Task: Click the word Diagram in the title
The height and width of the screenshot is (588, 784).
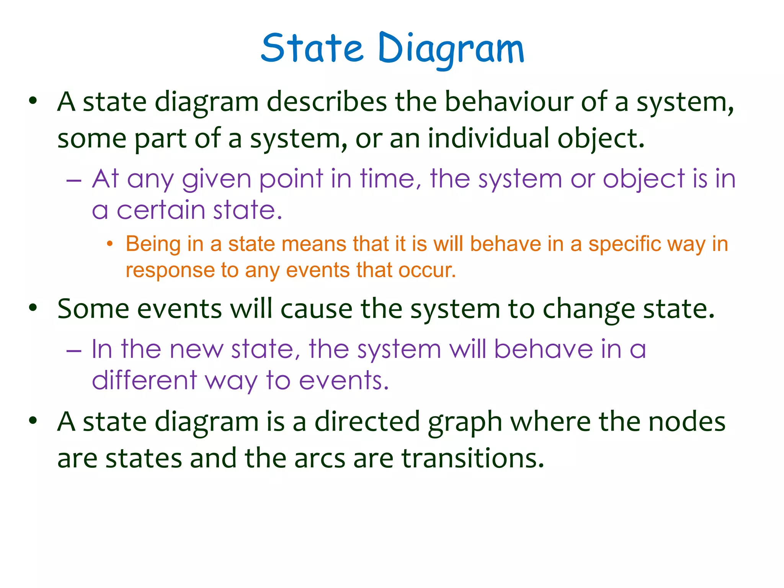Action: [451, 49]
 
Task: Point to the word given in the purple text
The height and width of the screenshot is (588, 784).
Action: [216, 179]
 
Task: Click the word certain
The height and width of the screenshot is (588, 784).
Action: [161, 211]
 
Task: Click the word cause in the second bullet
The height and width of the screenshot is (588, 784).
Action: [317, 309]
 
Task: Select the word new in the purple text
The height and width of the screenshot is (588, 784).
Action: [196, 349]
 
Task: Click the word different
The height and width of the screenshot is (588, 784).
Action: [144, 381]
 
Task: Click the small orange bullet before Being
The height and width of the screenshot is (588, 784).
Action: [110, 244]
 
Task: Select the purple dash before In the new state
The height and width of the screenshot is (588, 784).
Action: [73, 350]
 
